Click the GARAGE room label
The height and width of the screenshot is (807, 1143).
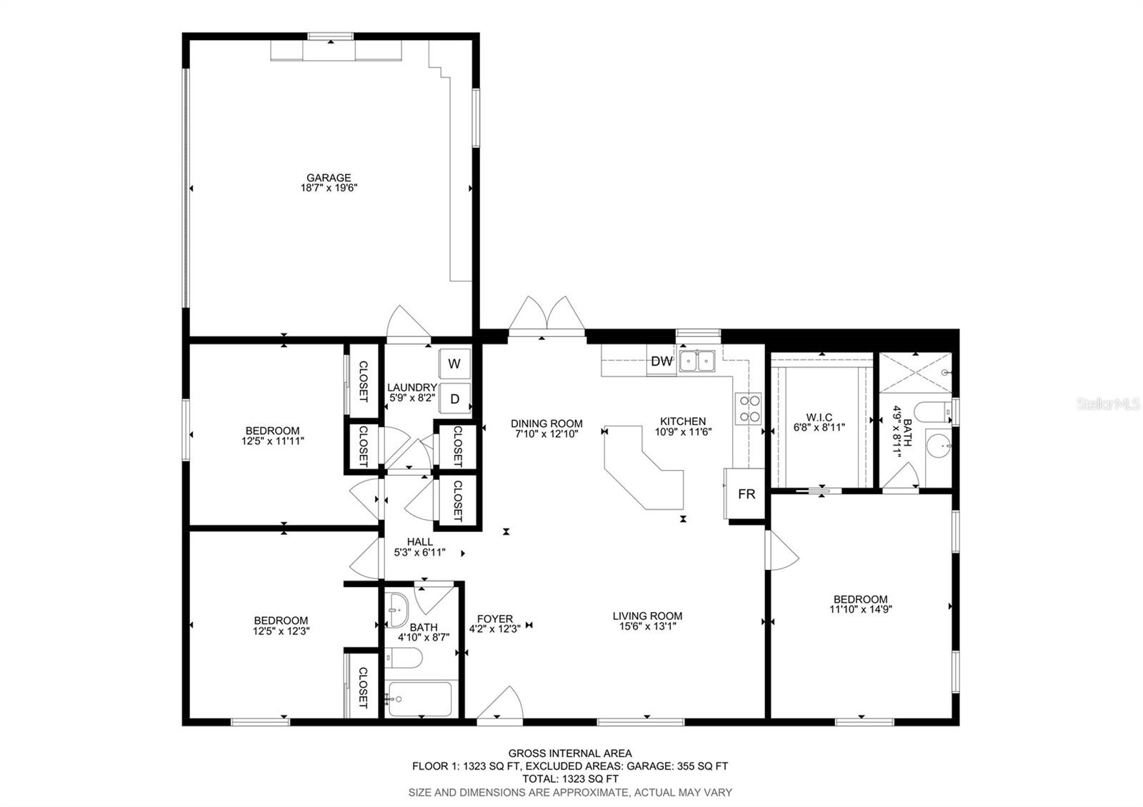coord(329,178)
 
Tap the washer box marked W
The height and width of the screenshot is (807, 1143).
coord(454,364)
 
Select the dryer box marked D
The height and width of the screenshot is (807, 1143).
coord(454,399)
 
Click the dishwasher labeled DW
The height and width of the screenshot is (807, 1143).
coord(662,361)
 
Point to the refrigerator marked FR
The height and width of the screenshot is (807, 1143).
coord(745,493)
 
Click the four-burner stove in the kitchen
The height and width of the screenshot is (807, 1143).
coord(748,408)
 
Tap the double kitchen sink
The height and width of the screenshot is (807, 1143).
coord(697,361)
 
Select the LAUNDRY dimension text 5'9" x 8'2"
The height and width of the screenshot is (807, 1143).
coord(411,397)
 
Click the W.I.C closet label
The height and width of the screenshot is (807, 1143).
coord(819,417)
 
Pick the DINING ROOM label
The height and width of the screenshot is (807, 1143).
coord(546,423)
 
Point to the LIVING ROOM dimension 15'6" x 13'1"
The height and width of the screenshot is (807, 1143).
coord(647,626)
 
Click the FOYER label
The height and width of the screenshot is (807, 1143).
coord(495,618)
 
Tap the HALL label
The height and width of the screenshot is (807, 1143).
coord(420,542)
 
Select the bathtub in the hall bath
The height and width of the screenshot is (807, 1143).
coord(420,699)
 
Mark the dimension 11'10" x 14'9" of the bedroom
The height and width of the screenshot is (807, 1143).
coord(861,608)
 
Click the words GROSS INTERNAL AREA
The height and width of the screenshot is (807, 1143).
coord(570,753)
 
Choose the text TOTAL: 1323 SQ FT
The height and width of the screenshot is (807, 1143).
coord(570,779)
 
